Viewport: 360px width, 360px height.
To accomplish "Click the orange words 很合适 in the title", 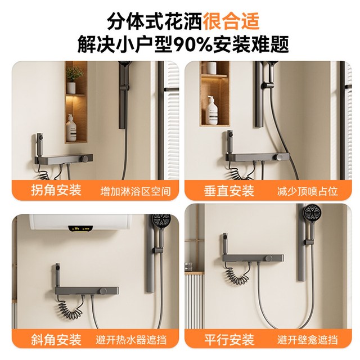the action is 231,21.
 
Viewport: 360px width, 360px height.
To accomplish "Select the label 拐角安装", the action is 56,190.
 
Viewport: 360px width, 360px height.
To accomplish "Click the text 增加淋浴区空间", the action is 136,191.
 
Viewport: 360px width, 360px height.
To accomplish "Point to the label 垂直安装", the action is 229,191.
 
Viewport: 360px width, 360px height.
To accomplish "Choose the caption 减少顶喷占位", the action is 308,191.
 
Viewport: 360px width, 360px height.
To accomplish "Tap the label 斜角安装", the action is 56,339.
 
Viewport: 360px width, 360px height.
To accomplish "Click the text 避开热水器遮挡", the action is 131,340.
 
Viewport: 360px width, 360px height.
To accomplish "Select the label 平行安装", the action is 229,339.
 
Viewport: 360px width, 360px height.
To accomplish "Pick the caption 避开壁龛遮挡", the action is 308,340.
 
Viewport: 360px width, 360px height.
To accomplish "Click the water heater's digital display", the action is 80,228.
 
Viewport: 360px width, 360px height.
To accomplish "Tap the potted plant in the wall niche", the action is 75,80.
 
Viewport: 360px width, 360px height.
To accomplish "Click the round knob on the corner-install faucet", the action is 86,158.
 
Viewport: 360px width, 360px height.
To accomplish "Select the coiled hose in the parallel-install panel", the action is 237,275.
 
